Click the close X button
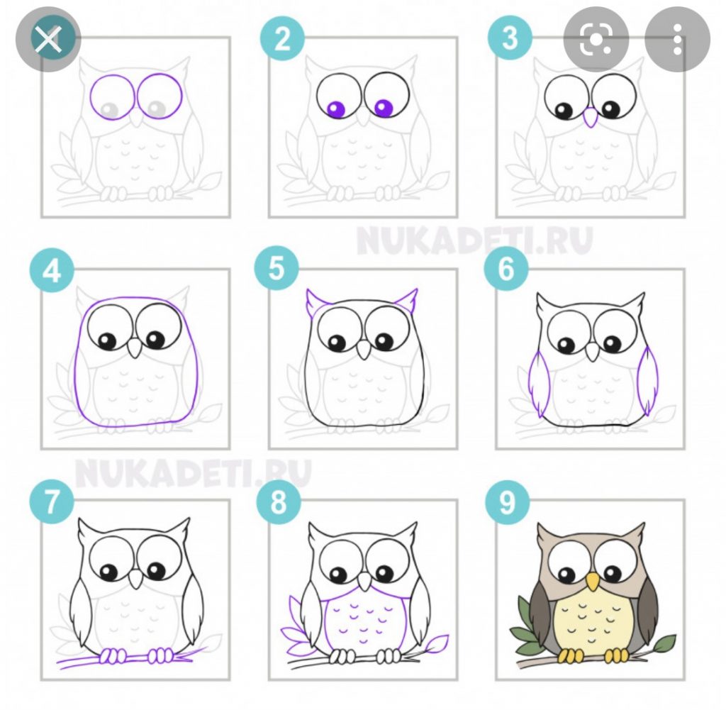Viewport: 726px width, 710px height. [x=48, y=40]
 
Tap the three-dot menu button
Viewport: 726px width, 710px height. [x=677, y=40]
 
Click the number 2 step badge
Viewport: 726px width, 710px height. [x=282, y=38]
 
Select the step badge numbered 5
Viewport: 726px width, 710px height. [x=277, y=268]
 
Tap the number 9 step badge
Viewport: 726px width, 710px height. [x=507, y=502]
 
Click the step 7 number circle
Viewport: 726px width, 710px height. [x=52, y=502]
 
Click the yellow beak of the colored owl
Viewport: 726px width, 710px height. [x=592, y=582]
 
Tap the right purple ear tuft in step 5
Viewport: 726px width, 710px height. [x=407, y=299]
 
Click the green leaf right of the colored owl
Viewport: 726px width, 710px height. [x=664, y=643]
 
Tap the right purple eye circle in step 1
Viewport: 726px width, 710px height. [x=160, y=97]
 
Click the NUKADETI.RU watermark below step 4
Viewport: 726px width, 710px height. [x=193, y=472]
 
